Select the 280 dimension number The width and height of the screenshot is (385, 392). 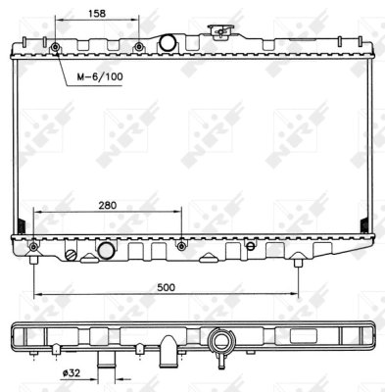pyautogui.click(x=109, y=205)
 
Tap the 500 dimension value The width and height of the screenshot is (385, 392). pyautogui.click(x=167, y=287)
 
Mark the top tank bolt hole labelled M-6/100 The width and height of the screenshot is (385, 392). pyautogui.click(x=55, y=47)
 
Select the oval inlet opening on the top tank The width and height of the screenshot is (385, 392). pyautogui.click(x=168, y=42)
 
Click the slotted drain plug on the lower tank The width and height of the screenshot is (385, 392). pyautogui.click(x=71, y=255)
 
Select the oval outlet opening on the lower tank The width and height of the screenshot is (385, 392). pyautogui.click(x=106, y=253)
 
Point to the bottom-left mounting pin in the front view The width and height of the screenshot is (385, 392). pyautogui.click(x=34, y=260)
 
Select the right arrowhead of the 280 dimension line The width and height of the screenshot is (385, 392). pyautogui.click(x=178, y=212)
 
